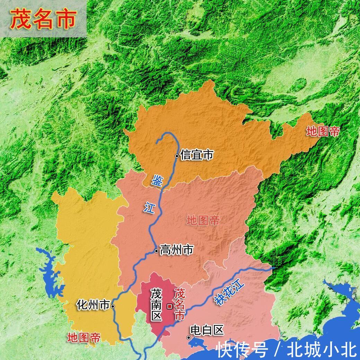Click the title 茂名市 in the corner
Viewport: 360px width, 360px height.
tap(43, 19)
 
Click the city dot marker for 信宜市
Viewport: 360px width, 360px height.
tap(177, 156)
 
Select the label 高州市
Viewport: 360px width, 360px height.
tap(176, 250)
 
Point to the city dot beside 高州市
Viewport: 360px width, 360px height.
tap(157, 251)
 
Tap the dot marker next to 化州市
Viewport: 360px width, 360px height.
tap(113, 306)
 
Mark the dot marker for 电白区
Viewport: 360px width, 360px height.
tap(188, 337)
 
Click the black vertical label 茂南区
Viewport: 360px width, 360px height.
tap(156, 305)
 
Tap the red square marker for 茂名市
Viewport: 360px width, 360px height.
tap(169, 306)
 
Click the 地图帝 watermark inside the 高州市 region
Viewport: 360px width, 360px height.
tap(203, 220)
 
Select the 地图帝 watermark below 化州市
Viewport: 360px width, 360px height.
tap(84, 337)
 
